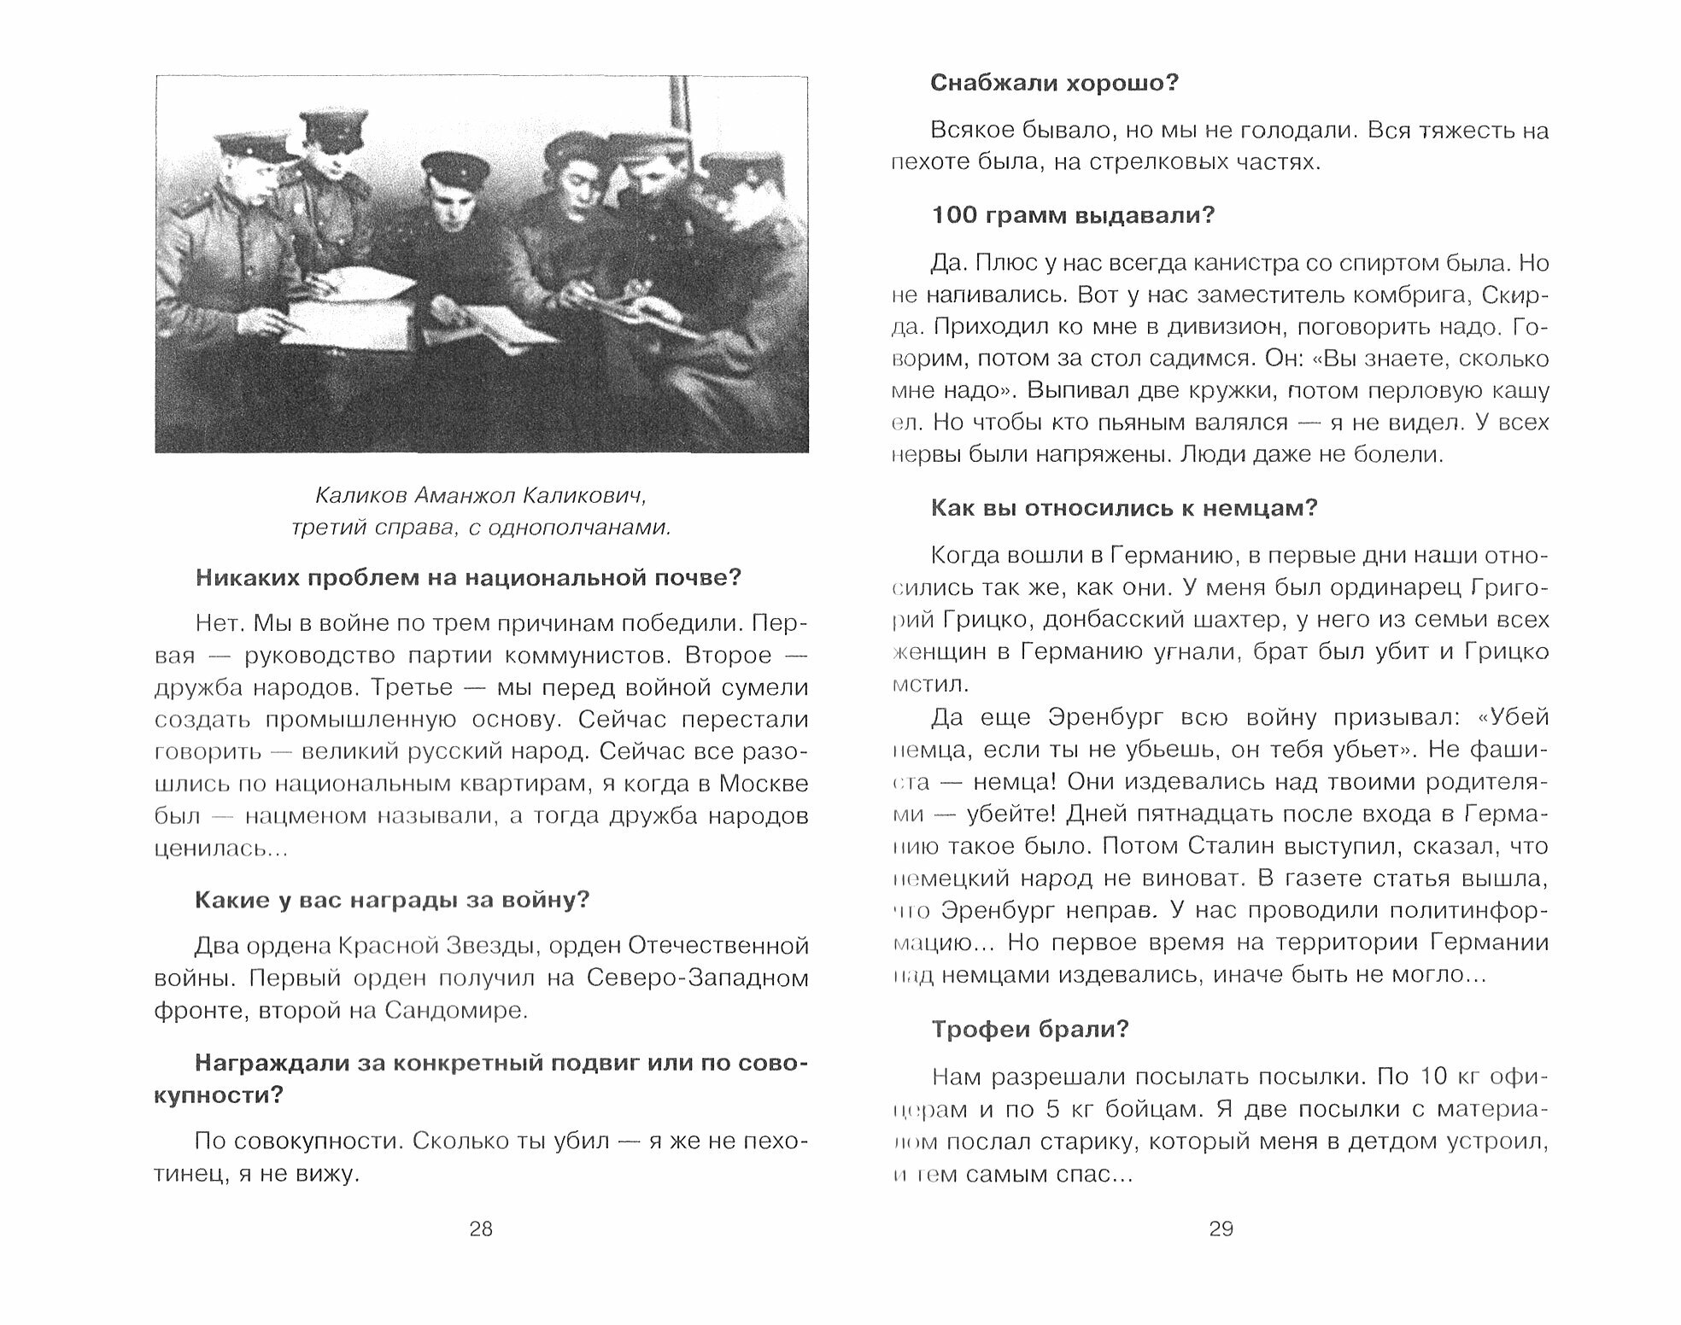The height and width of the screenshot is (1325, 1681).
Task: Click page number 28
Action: [481, 1229]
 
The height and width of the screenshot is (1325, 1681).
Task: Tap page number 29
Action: [1221, 1229]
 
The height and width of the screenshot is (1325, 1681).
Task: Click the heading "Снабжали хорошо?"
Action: [1054, 84]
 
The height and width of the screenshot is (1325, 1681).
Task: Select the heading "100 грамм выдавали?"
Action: [1072, 215]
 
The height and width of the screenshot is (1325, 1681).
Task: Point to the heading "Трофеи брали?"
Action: [1029, 1030]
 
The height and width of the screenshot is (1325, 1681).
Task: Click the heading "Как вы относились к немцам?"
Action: [1123, 508]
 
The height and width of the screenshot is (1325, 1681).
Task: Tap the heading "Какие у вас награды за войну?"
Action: [392, 900]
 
